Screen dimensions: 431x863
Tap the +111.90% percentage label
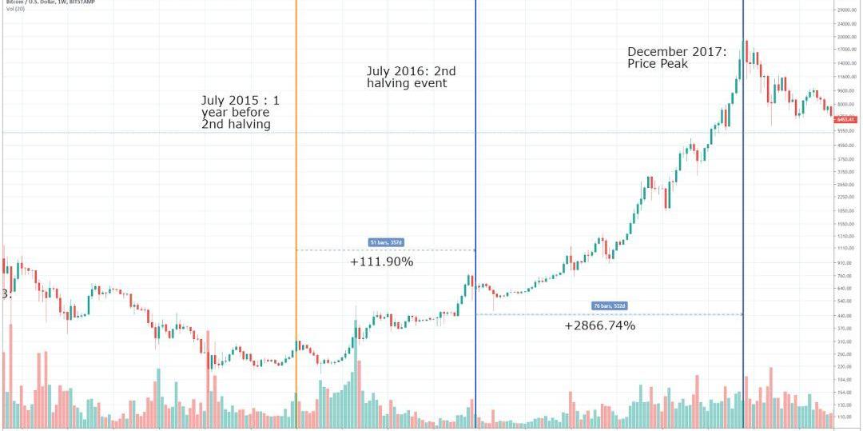[381, 261]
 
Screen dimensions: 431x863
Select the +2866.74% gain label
[599, 325]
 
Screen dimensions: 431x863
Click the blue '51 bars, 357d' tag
[384, 241]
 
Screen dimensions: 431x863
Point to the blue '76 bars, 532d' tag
[610, 305]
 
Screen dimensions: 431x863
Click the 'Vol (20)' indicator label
[15, 9]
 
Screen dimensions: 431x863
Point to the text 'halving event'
[407, 83]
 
